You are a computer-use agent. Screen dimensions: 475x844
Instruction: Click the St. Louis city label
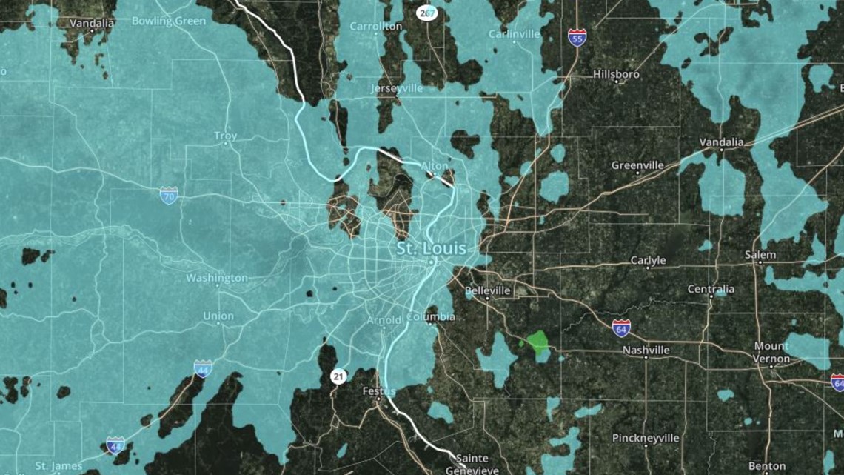coord(432,248)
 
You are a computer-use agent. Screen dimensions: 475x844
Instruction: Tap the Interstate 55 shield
coord(577,37)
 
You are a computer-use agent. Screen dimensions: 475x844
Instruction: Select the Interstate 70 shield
coord(169,196)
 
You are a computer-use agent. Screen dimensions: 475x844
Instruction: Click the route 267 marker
coord(426,13)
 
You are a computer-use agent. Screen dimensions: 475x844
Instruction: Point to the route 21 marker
coord(338,377)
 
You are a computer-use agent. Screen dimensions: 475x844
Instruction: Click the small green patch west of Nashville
coord(537,342)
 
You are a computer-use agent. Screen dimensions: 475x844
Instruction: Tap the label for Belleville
coord(488,291)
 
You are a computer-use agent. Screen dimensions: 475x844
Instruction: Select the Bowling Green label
coord(168,21)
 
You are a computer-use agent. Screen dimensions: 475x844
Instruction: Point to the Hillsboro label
coord(616,75)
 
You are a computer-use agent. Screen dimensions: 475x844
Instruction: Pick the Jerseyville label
coord(397,88)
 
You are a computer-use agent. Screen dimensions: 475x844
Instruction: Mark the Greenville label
coord(637,165)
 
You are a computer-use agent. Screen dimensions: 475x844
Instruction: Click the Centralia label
coord(711,289)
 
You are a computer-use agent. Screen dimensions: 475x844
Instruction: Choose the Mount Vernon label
coord(771,353)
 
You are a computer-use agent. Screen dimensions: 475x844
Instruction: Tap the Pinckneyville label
coord(646,438)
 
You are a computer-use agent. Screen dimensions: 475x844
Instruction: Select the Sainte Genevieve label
coord(472,464)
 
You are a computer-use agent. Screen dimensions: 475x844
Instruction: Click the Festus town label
coord(379,391)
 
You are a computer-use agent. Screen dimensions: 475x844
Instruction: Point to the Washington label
coord(217,278)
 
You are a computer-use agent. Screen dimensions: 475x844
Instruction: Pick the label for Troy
coord(226,136)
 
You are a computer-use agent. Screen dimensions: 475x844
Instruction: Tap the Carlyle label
coord(648,260)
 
